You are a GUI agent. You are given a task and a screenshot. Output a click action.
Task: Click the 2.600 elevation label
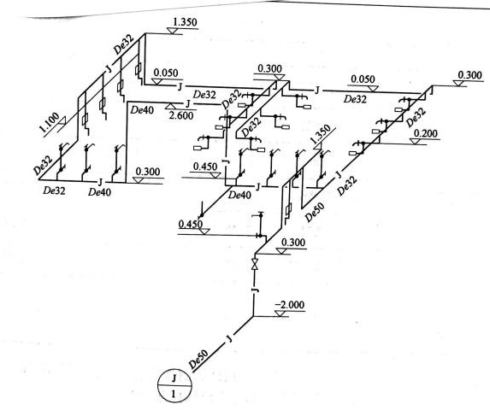181,116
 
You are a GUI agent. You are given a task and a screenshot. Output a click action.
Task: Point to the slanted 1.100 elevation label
49,123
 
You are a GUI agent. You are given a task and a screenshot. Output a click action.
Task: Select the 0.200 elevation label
426,133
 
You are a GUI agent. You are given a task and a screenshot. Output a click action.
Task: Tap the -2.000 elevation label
289,305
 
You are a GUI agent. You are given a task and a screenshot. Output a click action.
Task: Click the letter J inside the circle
174,378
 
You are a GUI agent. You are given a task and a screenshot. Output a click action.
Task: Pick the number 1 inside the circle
174,394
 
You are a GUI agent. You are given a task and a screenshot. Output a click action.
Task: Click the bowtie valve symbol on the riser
255,264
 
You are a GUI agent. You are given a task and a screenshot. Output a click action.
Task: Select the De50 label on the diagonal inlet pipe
198,359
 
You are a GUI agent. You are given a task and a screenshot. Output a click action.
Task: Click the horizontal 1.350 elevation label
185,22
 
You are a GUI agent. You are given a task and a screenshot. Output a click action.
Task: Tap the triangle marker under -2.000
281,313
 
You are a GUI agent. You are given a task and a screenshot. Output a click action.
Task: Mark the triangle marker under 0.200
416,141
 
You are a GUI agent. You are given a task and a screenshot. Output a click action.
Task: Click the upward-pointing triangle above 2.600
170,106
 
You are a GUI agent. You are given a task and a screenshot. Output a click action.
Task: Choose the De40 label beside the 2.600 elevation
142,110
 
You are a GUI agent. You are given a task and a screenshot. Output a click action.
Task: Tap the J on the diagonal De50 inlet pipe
230,338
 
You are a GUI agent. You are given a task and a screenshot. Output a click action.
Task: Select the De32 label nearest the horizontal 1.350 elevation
123,44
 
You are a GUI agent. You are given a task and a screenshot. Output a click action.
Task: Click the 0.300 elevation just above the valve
293,242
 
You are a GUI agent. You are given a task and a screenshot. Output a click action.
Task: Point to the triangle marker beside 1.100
62,120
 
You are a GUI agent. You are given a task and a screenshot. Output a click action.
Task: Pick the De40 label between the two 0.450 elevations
239,196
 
